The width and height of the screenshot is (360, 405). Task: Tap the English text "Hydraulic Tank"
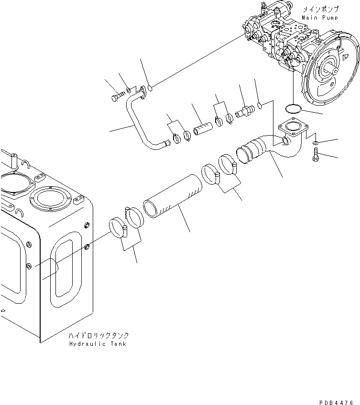[x=98, y=344]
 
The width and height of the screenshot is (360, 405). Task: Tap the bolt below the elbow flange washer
[x=316, y=155]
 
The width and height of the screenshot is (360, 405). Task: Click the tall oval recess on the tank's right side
[x=65, y=272]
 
